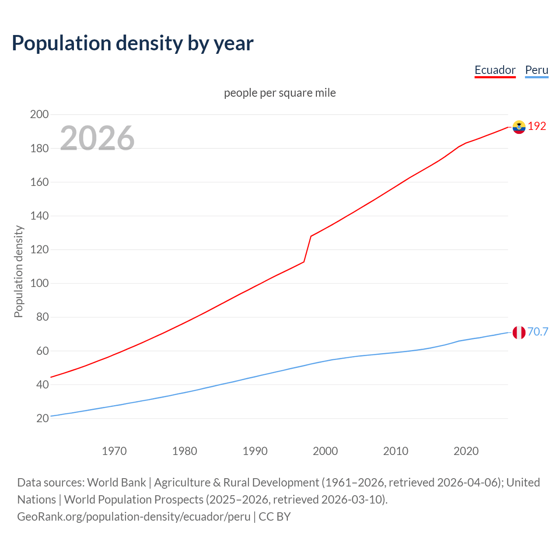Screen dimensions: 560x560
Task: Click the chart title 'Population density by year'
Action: pyautogui.click(x=133, y=43)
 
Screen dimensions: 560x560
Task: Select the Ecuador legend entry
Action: pyautogui.click(x=495, y=70)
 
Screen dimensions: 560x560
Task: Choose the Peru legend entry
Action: pyautogui.click(x=536, y=70)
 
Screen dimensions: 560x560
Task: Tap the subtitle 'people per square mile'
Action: pyautogui.click(x=280, y=93)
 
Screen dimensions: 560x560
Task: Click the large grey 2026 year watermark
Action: pyautogui.click(x=97, y=138)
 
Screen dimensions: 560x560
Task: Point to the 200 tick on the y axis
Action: pyautogui.click(x=39, y=115)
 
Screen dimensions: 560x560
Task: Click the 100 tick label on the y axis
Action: pyautogui.click(x=39, y=283)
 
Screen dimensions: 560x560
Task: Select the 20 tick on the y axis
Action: pyautogui.click(x=42, y=418)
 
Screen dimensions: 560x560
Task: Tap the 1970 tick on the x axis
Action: pyautogui.click(x=114, y=451)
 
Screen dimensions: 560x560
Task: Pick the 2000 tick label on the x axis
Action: pyautogui.click(x=325, y=451)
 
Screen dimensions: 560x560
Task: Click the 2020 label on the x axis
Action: pyautogui.click(x=466, y=451)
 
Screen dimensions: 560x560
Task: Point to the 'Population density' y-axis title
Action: pyautogui.click(x=18, y=271)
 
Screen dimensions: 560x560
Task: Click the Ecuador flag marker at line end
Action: pyautogui.click(x=519, y=127)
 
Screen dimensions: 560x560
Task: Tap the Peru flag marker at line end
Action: pyautogui.click(x=519, y=332)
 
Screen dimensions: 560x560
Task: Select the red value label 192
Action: pyautogui.click(x=537, y=126)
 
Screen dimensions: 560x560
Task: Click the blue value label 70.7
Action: pyautogui.click(x=538, y=332)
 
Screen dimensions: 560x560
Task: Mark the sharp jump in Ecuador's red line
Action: pyautogui.click(x=308, y=249)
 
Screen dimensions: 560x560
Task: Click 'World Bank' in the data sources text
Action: pyautogui.click(x=116, y=483)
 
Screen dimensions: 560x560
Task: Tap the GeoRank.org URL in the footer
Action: pyautogui.click(x=133, y=517)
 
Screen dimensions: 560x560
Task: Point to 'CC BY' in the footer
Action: pyautogui.click(x=275, y=517)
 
